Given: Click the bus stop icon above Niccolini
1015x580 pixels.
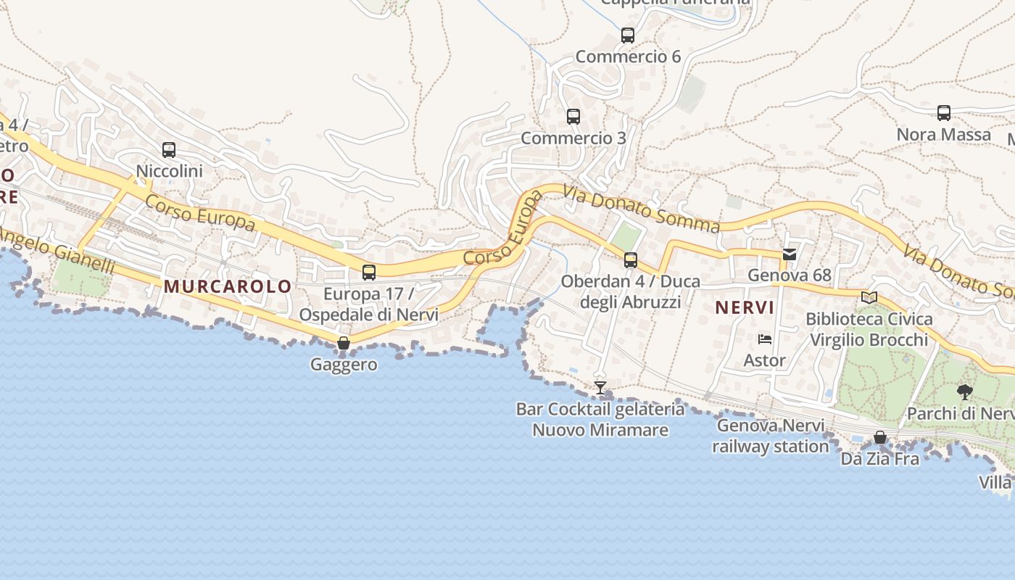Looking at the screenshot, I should click(x=169, y=150).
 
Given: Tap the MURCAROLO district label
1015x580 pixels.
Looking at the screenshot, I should click(x=227, y=286).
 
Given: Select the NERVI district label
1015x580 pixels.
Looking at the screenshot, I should click(x=745, y=307).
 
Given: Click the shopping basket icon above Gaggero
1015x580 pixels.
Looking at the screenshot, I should click(x=344, y=343).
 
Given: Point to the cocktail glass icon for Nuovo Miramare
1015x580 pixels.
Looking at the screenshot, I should click(x=600, y=388).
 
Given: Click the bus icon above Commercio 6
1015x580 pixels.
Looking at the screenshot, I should click(x=628, y=35).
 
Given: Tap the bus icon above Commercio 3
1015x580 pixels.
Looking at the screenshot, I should click(x=573, y=116).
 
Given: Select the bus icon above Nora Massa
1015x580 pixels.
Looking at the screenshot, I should click(x=944, y=113).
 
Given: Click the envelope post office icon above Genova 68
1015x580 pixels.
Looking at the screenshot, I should click(x=790, y=254).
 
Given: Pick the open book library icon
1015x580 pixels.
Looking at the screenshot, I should click(x=869, y=297).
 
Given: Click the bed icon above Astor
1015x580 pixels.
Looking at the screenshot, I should click(x=764, y=339).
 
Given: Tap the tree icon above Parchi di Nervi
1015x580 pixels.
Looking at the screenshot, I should click(x=964, y=392).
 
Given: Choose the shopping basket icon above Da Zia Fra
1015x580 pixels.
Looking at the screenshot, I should click(x=880, y=437).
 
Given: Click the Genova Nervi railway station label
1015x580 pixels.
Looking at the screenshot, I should click(x=770, y=436).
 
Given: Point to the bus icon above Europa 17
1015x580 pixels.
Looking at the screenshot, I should click(x=369, y=273).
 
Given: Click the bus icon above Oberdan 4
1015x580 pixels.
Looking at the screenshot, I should click(x=631, y=260).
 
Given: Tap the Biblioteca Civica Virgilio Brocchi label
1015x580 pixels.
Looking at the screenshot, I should click(x=869, y=329).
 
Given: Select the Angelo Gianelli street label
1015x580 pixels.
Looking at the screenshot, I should click(x=58, y=251).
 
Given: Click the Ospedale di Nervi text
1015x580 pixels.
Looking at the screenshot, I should click(x=368, y=315).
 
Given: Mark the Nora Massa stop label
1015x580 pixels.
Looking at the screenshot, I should click(x=943, y=135).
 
